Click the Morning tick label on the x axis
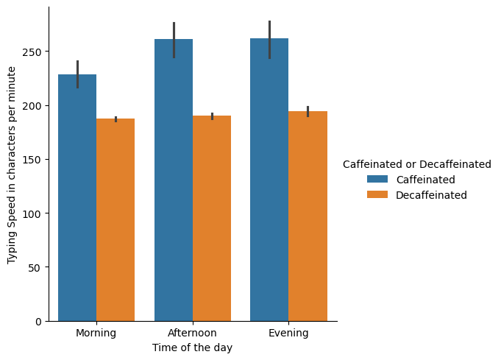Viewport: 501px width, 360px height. (96, 333)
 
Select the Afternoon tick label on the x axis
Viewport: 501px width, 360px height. (193, 333)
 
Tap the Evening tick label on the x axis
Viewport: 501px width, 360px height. (288, 333)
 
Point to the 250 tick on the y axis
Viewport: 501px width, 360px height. (35, 52)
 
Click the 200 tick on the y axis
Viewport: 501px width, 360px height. (35, 105)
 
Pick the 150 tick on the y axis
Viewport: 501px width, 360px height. (35, 160)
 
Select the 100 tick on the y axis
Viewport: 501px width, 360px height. (35, 213)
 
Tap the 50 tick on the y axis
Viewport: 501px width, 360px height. (38, 267)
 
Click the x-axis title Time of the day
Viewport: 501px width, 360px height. (193, 347)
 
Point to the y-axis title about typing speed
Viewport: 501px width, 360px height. (12, 165)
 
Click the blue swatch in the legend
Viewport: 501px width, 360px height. (378, 180)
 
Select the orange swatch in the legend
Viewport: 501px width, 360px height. (378, 195)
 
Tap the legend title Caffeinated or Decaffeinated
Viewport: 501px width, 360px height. (417, 164)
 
